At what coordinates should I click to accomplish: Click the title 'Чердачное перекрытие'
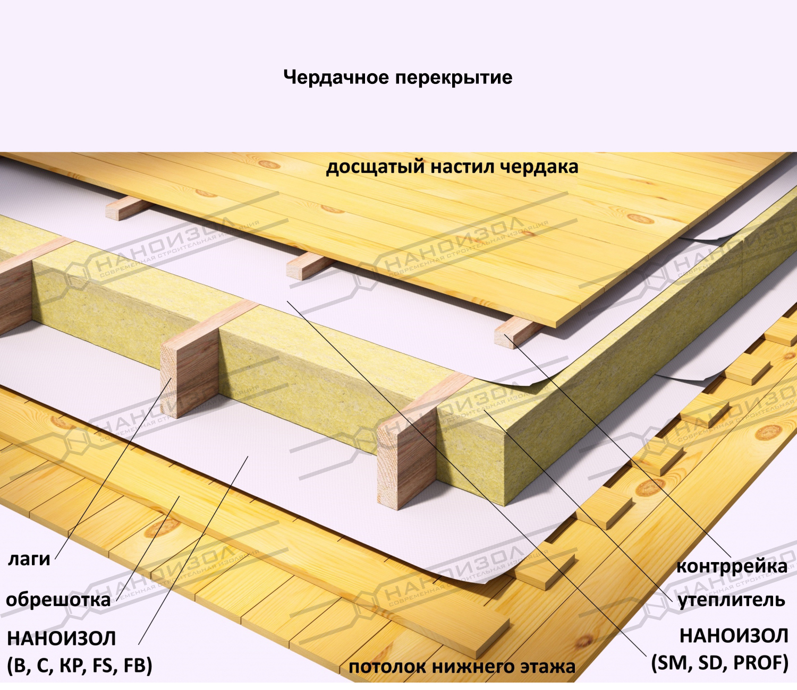tap(397, 77)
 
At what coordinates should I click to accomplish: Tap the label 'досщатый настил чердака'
tap(452, 167)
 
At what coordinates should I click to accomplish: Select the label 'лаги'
tap(29, 559)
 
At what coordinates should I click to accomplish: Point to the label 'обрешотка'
tap(58, 599)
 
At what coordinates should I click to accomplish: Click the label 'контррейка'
tap(732, 566)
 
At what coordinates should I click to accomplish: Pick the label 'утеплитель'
tap(732, 600)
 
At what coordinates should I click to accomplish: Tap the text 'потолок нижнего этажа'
tap(462, 667)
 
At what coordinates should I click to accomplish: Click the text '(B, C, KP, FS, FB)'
tap(80, 665)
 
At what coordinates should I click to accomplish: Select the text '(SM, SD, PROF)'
tap(720, 662)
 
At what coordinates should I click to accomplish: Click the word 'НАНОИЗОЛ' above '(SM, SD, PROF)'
tap(734, 635)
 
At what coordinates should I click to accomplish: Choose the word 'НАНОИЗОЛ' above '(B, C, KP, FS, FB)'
tap(61, 638)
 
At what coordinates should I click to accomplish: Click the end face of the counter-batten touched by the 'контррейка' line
tap(506, 338)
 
